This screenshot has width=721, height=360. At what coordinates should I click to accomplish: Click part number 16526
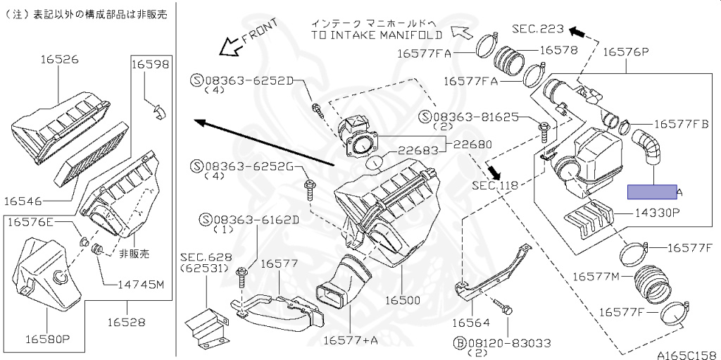[x=58, y=60]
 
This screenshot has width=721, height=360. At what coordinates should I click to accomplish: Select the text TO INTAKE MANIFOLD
[x=377, y=34]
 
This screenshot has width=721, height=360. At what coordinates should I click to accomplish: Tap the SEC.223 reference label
[x=538, y=29]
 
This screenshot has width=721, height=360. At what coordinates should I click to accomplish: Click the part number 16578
[x=559, y=50]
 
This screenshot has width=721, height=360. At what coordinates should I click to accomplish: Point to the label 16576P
[x=624, y=51]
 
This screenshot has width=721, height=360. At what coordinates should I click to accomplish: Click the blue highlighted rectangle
[x=652, y=191]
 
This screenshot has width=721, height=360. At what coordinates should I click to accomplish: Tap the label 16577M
[x=596, y=275]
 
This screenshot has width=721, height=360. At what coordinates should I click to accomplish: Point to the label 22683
[x=416, y=150]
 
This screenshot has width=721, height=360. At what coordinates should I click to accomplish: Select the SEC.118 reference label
[x=494, y=186]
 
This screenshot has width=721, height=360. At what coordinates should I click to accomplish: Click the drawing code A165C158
[x=687, y=354]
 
